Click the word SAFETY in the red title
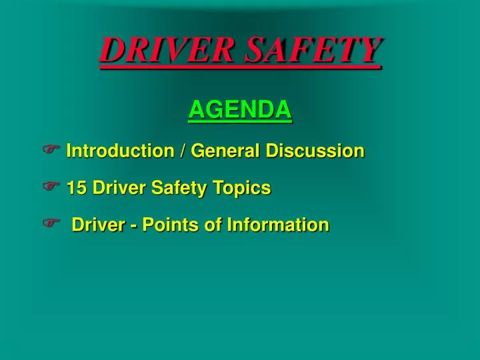click(313, 50)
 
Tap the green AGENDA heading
click(240, 109)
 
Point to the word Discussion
click(315, 151)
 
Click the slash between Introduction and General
click(182, 151)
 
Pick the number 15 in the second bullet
click(77, 188)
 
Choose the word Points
click(170, 225)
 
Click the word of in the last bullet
click(213, 225)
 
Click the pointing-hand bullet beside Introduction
click(51, 150)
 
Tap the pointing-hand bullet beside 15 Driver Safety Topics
click(51, 187)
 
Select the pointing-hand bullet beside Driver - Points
click(51, 225)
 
